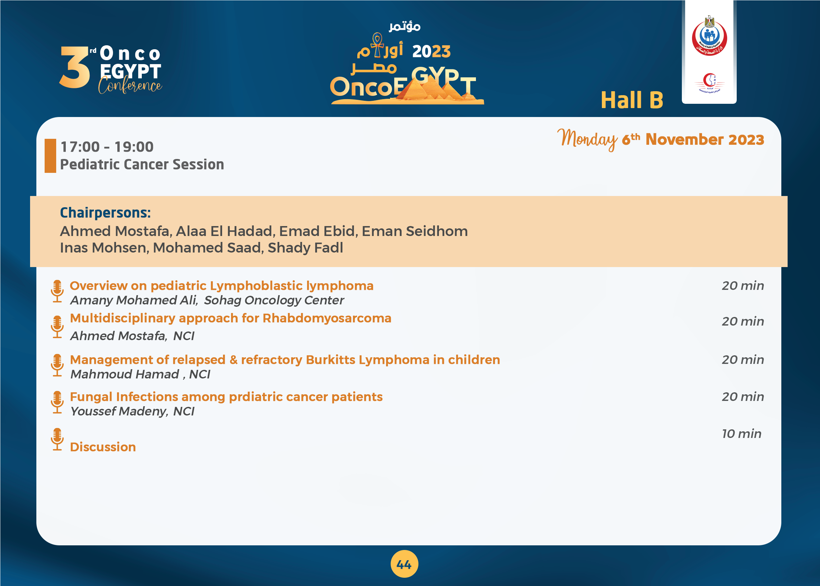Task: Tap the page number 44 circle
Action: tap(405, 564)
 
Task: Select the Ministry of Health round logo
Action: tap(709, 36)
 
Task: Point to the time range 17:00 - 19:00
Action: tap(107, 147)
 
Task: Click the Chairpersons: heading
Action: tap(105, 213)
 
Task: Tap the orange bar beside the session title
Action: tap(50, 156)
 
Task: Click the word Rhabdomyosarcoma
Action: tap(327, 318)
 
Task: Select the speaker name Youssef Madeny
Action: tap(119, 411)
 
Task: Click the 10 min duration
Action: tap(742, 433)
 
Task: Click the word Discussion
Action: tap(103, 447)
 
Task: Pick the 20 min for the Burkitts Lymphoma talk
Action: tap(743, 360)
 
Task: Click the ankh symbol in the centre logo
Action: tap(377, 45)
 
